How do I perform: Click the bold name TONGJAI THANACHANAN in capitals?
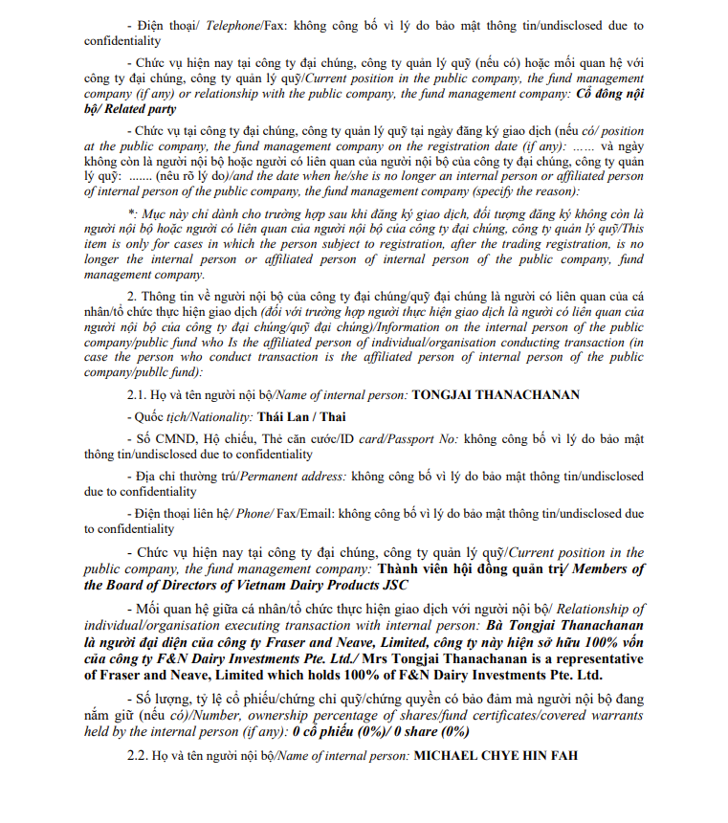coord(496,394)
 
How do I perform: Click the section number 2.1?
coord(139,394)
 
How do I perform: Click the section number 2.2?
coord(139,756)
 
